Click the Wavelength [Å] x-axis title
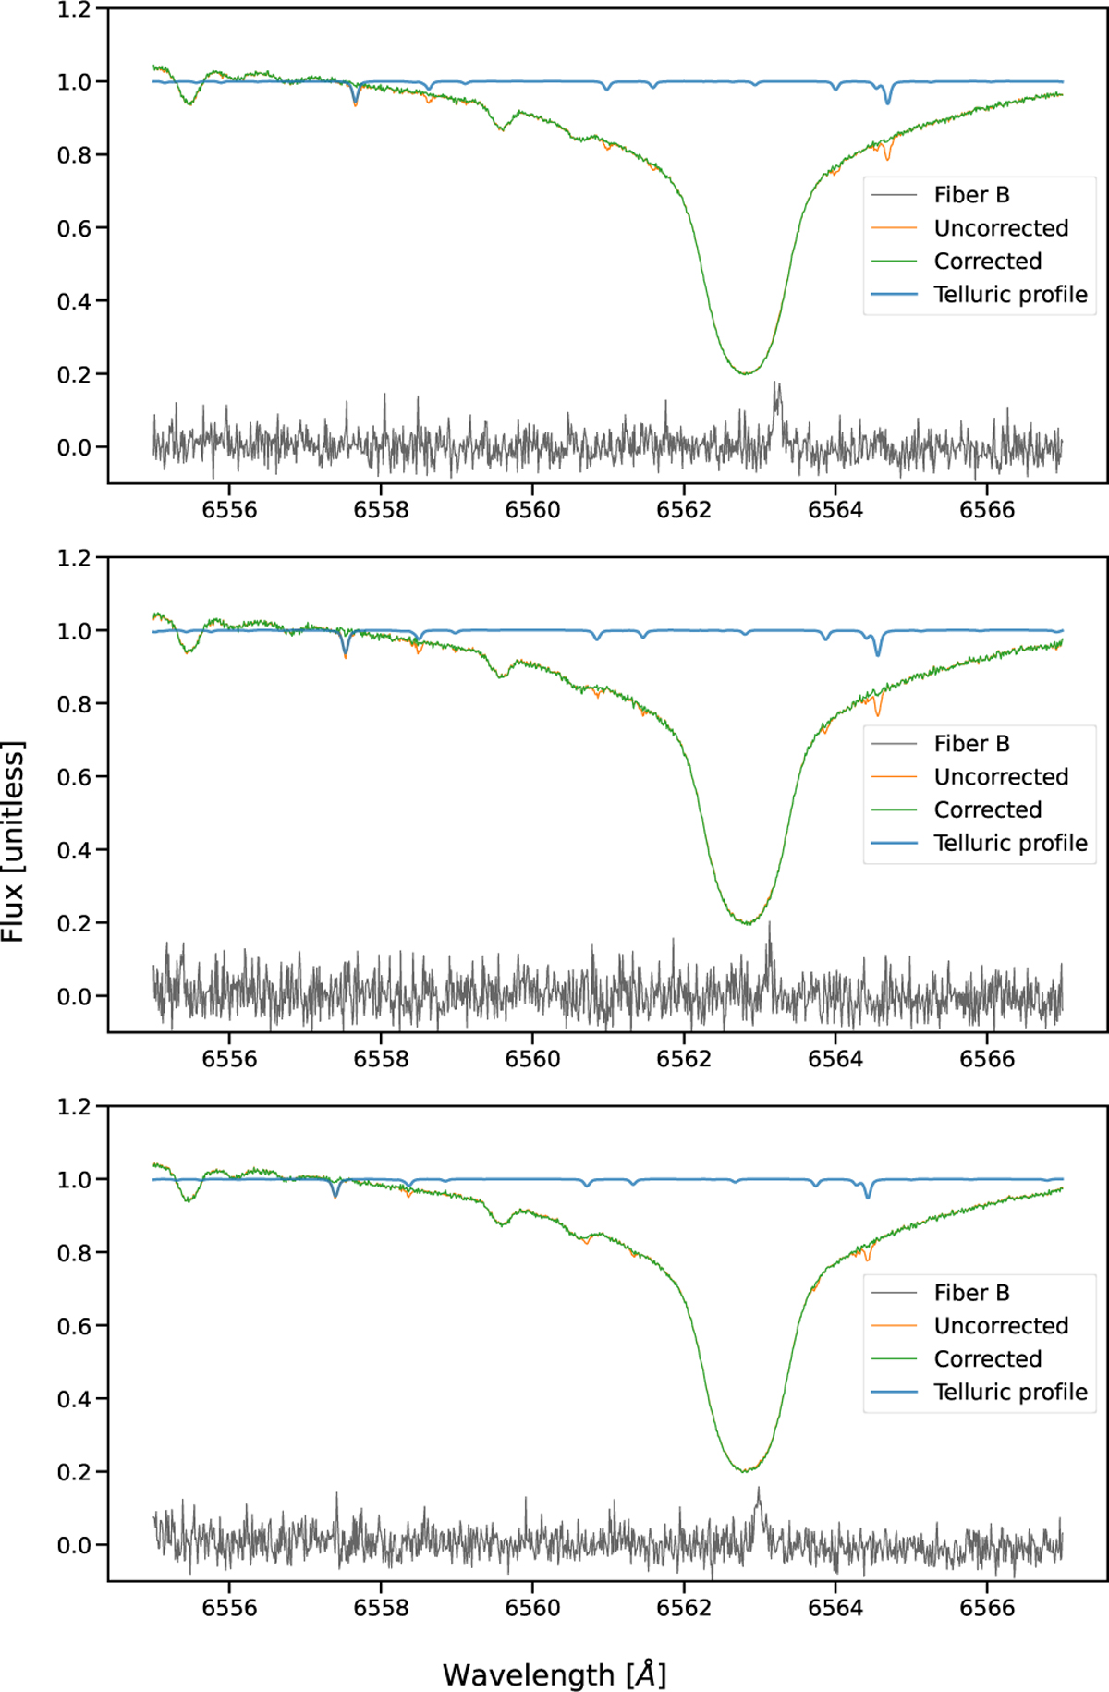(x=554, y=1674)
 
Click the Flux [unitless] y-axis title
(x=13, y=841)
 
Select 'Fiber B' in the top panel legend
(x=971, y=195)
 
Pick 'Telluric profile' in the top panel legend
(x=1010, y=295)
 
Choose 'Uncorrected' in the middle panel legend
(x=1001, y=777)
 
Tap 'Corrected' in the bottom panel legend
(x=987, y=1359)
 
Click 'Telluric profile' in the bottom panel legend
(x=1010, y=1393)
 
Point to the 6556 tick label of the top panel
(x=229, y=510)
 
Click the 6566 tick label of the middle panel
(x=987, y=1059)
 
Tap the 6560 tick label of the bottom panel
(x=532, y=1608)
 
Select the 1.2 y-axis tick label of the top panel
(x=74, y=10)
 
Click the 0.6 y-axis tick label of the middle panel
(x=74, y=777)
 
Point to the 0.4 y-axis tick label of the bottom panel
(x=74, y=1399)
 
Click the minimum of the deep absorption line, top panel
(x=745, y=372)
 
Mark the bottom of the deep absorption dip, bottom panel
(x=745, y=1470)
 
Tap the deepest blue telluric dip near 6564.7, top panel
(x=888, y=102)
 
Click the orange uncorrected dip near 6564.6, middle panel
(x=878, y=714)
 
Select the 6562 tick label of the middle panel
(x=684, y=1059)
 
